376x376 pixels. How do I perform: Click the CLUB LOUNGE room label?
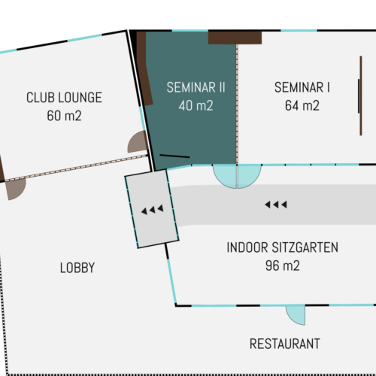pos(64,98)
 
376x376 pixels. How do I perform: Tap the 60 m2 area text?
pos(64,116)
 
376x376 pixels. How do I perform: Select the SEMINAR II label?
pos(196,87)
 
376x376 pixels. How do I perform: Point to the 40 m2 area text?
pos(196,105)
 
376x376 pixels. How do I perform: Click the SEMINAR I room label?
pos(302,87)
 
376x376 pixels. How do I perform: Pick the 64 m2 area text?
pos(302,105)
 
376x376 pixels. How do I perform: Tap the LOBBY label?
pos(77,268)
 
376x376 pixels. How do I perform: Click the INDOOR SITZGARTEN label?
pos(283,247)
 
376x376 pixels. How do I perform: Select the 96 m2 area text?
pos(283,265)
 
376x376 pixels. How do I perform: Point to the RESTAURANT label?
pos(285,344)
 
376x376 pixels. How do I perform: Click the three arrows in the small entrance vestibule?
pos(153,210)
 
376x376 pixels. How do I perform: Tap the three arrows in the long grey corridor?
pos(276,205)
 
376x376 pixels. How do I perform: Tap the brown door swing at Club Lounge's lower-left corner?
pos(17,189)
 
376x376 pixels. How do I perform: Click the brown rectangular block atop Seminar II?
pos(235,38)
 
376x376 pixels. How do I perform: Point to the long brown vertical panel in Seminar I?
pos(361,96)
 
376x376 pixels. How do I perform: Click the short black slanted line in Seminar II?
pos(174,156)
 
